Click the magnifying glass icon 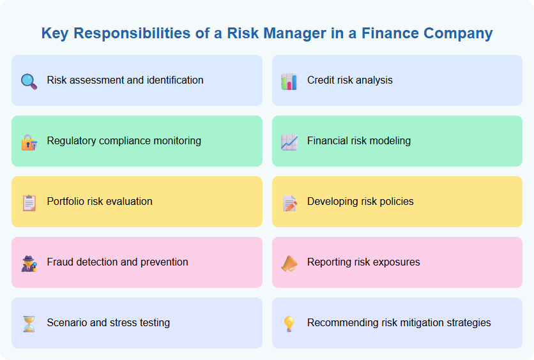point(29,81)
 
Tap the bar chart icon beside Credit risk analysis point(289,81)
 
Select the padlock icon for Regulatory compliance point(29,142)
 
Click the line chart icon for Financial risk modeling point(289,142)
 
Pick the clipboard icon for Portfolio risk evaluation point(29,202)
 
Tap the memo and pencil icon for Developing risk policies point(289,202)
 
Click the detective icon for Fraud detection point(29,263)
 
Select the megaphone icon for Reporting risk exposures point(289,263)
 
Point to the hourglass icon point(29,324)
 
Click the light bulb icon point(289,324)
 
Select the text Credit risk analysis point(349,80)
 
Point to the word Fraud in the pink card point(60,262)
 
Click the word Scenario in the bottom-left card point(67,323)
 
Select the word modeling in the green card point(389,141)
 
